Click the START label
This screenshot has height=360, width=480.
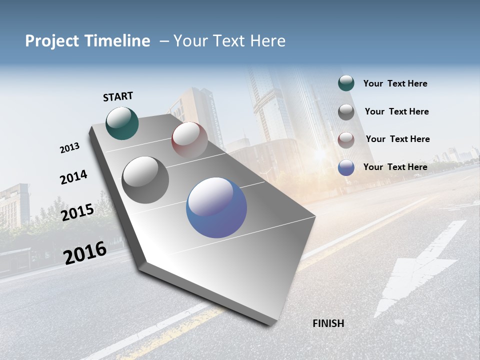118,96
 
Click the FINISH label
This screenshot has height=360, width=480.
328,323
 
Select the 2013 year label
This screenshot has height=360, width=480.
69,148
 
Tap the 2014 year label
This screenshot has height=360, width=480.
73,177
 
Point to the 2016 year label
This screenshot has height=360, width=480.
85,253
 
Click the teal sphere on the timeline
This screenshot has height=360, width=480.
122,123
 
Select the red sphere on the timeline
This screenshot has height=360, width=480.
189,139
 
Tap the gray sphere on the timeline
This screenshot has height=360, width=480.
145,179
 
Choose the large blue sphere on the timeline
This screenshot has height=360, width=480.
216,207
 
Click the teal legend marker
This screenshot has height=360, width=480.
346,83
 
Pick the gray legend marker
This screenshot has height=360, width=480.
346,111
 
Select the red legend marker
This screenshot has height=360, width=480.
346,139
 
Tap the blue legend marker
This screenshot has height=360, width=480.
346,167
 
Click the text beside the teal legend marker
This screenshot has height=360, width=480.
395,83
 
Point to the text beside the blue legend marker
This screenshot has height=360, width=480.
395,167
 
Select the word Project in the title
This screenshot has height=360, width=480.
51,41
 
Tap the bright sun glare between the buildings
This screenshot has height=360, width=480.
318,154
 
